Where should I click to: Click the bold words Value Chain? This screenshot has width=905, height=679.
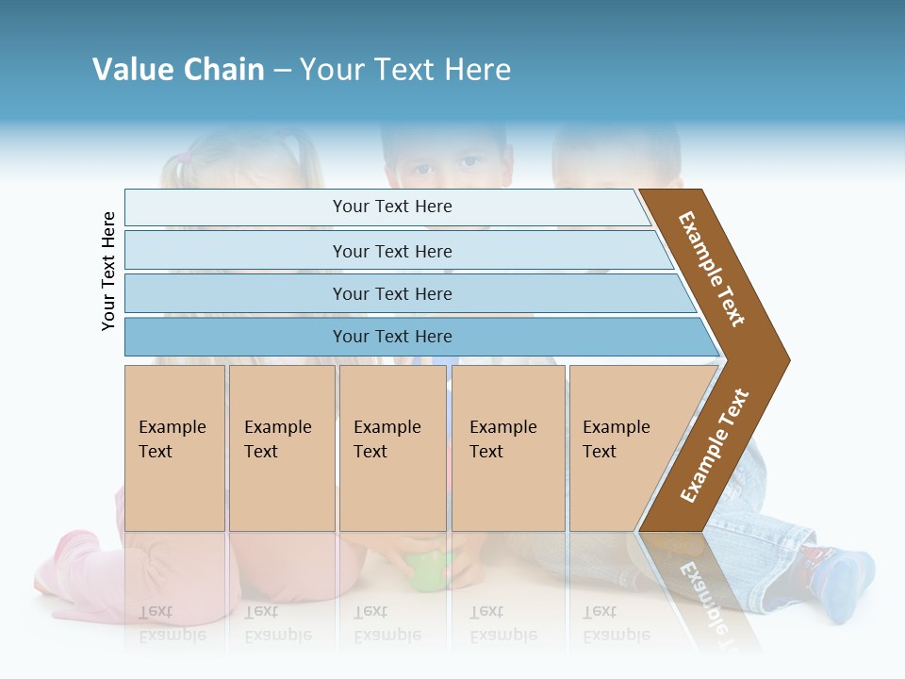pos(178,70)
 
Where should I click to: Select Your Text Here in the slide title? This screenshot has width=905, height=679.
pos(405,70)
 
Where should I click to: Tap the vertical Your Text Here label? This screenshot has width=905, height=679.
pos(109,271)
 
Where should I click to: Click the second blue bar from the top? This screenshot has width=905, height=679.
pos(391,251)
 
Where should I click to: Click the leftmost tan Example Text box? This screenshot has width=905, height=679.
pos(174,448)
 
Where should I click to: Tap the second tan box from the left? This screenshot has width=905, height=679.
pos(282,448)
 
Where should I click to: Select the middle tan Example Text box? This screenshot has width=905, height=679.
pos(392,448)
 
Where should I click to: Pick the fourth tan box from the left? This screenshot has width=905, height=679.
pos(508,448)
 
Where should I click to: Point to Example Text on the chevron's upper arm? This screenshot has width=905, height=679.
pos(712,269)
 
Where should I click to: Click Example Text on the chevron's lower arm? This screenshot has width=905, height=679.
pos(715,446)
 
